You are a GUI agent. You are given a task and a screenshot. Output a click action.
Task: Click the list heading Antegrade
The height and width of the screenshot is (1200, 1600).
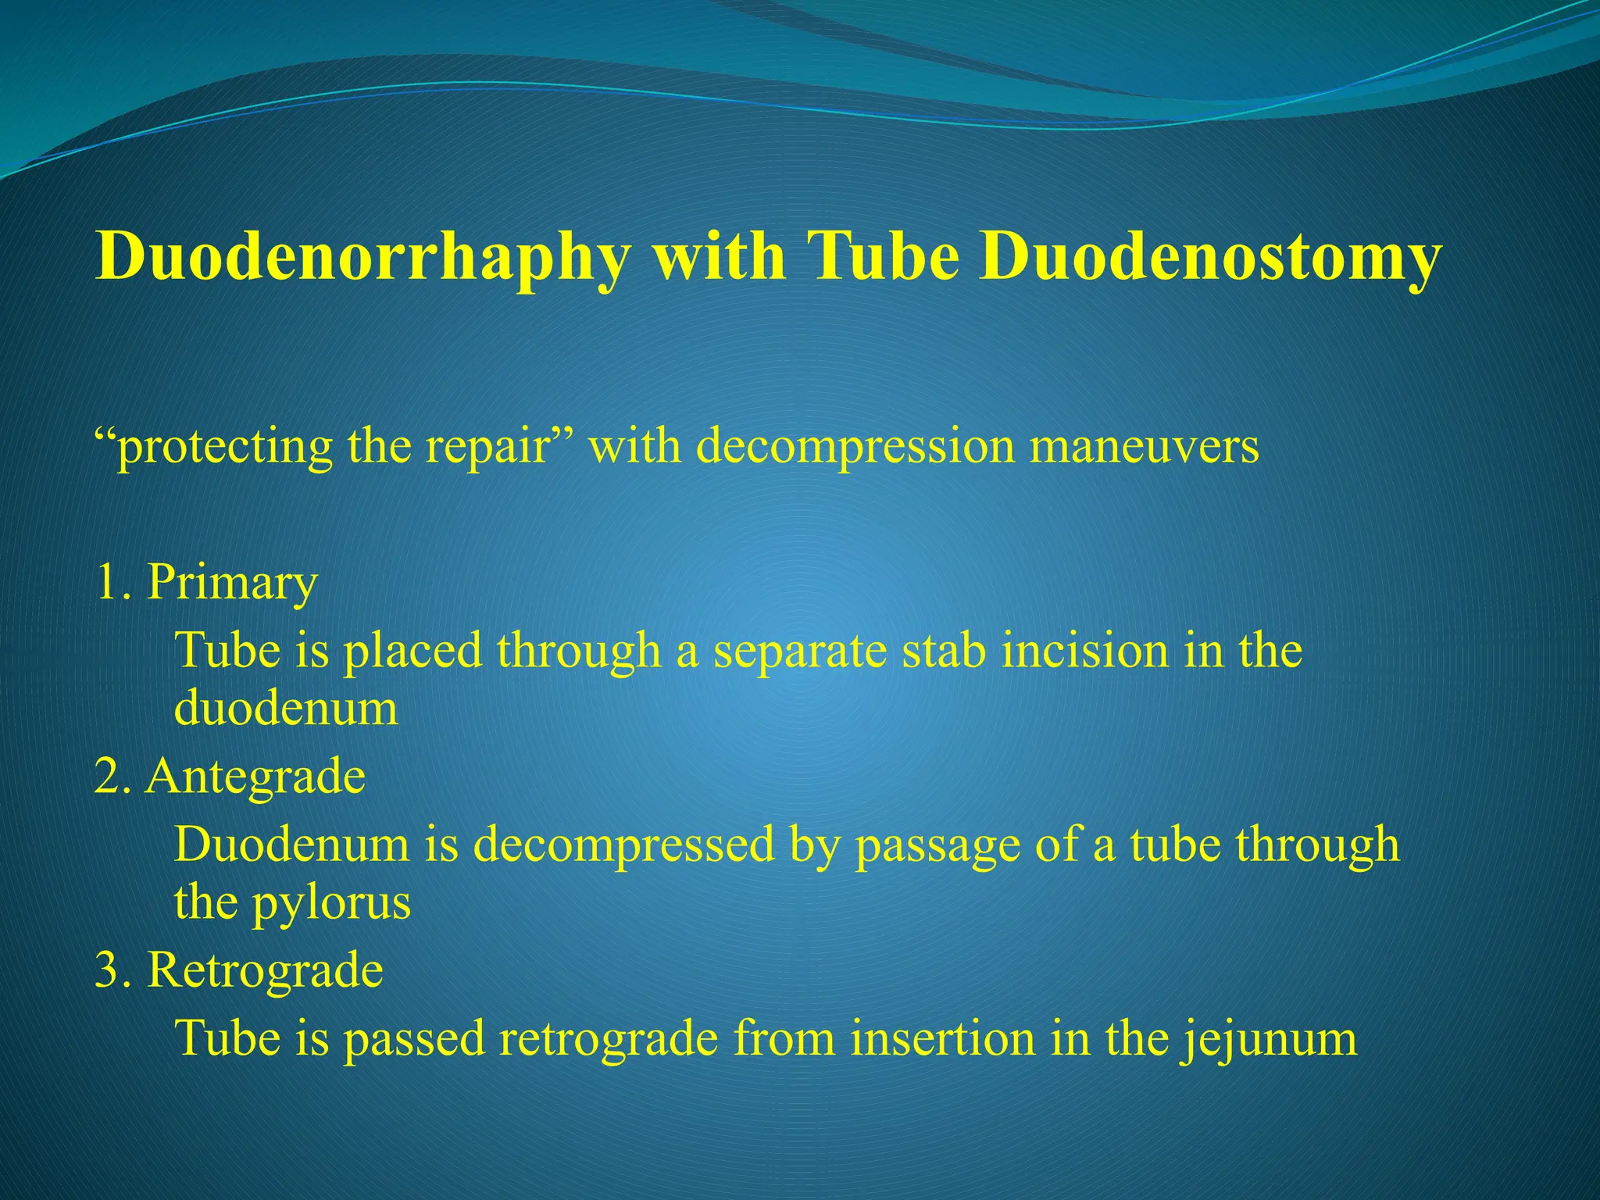point(255,777)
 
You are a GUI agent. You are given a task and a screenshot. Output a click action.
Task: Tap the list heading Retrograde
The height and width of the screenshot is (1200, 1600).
point(265,970)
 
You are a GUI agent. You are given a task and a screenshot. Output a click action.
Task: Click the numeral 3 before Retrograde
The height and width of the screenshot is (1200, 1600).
point(106,970)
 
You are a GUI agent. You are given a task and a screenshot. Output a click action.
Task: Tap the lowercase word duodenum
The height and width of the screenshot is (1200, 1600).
point(286,709)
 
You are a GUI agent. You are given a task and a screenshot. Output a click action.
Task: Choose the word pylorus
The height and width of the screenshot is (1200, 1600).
point(331,905)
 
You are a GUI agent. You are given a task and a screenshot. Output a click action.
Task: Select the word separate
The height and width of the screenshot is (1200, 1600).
point(800,652)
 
